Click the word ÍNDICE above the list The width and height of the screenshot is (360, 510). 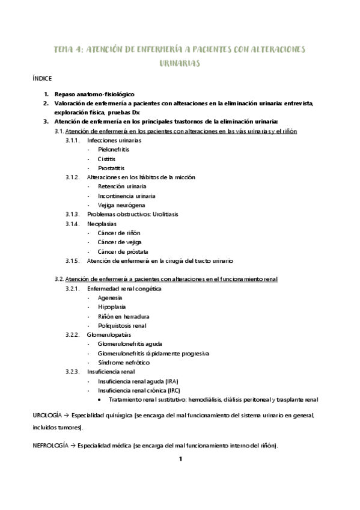[x=42, y=79]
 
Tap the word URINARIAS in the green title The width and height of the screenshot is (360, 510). [x=180, y=63]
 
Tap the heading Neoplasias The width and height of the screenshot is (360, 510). [x=102, y=224]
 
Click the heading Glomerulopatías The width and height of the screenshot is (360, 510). [x=109, y=335]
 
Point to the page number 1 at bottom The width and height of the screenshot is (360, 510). [x=180, y=459]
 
